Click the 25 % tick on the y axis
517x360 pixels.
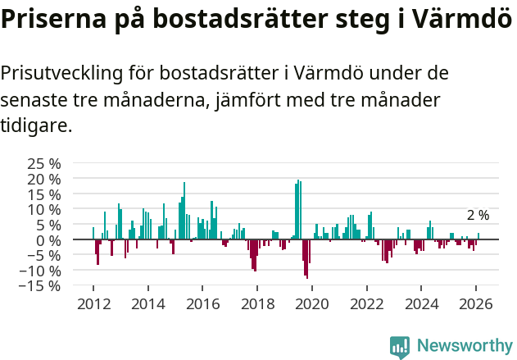pyautogui.click(x=43, y=163)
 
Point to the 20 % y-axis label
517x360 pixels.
pyautogui.click(x=43, y=178)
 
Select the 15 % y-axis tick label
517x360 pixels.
pyautogui.click(x=43, y=194)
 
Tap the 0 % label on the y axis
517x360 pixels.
pyautogui.click(x=48, y=240)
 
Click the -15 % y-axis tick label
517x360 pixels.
pyautogui.click(x=40, y=286)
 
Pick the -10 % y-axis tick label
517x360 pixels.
pyautogui.click(x=40, y=271)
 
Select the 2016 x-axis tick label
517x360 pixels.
pyautogui.click(x=202, y=303)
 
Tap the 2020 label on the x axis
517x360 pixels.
pyautogui.click(x=312, y=303)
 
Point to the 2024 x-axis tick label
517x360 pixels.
pyautogui.click(x=422, y=303)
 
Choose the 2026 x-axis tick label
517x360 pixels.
pyautogui.click(x=477, y=303)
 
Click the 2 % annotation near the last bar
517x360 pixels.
pyautogui.click(x=478, y=216)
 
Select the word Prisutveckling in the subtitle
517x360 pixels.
pyautogui.click(x=61, y=74)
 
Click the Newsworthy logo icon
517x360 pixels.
pyautogui.click(x=400, y=347)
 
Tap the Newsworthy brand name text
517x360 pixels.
pyautogui.click(x=464, y=347)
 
